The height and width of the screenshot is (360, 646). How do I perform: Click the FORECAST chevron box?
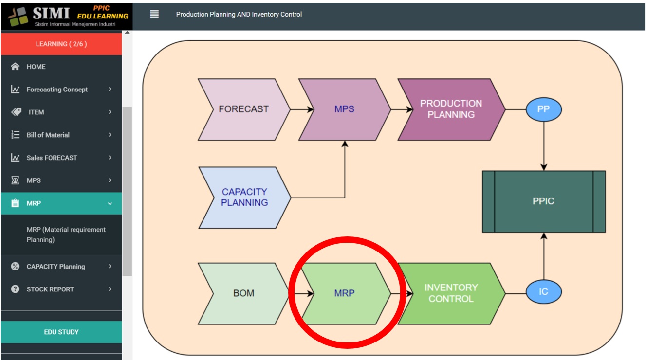[x=243, y=109]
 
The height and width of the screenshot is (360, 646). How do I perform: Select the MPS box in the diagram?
[x=344, y=109]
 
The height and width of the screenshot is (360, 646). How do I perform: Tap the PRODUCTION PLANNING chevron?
[x=451, y=109]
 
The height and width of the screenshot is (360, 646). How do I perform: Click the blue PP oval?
[x=543, y=109]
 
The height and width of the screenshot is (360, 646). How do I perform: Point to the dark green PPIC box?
[x=543, y=201]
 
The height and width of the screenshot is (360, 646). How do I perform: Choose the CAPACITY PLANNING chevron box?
[x=244, y=198]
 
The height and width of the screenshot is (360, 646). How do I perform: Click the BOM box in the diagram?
[x=243, y=293]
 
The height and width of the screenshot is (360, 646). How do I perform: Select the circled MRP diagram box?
[x=345, y=293]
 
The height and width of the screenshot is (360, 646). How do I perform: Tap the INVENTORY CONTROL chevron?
[x=451, y=293]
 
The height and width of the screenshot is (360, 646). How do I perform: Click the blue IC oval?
[x=543, y=292]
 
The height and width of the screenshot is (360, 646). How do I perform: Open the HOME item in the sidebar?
[x=36, y=67]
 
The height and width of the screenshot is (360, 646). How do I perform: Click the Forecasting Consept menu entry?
[x=57, y=90]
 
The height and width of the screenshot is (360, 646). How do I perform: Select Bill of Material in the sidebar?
[x=48, y=135]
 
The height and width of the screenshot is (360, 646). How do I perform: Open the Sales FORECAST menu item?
[x=52, y=158]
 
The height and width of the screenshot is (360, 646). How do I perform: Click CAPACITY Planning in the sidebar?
[x=55, y=267]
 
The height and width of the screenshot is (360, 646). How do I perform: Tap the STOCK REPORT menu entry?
[x=50, y=289]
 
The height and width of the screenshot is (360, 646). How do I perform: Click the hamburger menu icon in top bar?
[x=154, y=14]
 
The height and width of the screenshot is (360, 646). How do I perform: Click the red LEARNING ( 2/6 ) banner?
[x=61, y=44]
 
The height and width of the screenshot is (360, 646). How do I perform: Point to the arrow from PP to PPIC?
[x=543, y=146]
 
